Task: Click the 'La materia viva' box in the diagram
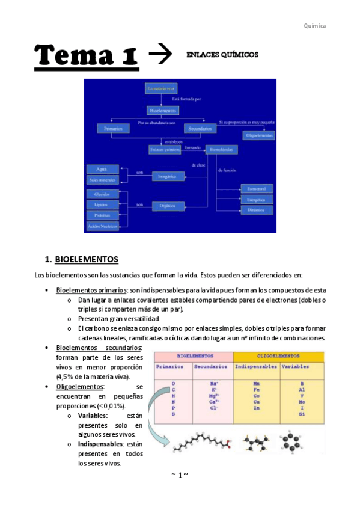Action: [x=161, y=88]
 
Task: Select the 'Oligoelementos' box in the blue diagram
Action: [x=260, y=135]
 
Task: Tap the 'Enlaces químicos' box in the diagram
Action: [x=165, y=149]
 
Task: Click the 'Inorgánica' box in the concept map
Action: [x=168, y=176]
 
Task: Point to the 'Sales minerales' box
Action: [x=102, y=180]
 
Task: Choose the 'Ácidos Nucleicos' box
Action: [x=102, y=226]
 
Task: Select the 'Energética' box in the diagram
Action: [x=257, y=199]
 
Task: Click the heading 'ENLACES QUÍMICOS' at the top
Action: [x=222, y=55]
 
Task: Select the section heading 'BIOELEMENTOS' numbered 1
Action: [x=87, y=260]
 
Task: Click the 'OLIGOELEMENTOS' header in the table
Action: [x=278, y=356]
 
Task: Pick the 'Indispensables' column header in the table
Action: [x=256, y=366]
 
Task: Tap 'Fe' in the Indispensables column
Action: [x=257, y=390]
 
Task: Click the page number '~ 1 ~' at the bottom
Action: [x=180, y=475]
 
